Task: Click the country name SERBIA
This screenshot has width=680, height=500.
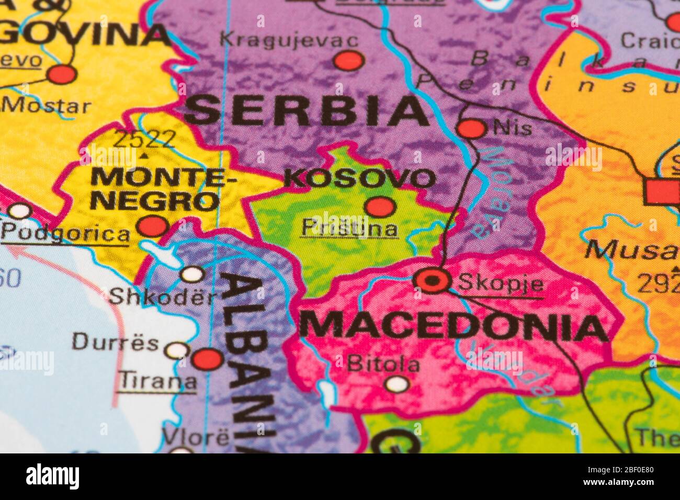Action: (x=307, y=111)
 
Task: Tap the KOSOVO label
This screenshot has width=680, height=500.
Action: (x=360, y=179)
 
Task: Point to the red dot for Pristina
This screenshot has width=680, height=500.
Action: (x=380, y=207)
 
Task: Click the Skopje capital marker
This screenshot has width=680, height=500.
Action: (x=433, y=281)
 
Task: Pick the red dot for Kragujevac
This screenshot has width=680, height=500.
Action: (x=349, y=61)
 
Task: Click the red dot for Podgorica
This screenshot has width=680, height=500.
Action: (x=153, y=226)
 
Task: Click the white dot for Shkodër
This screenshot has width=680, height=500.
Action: (x=192, y=274)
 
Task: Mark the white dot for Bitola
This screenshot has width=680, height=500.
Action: (x=397, y=384)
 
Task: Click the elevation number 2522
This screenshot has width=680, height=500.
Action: (x=144, y=139)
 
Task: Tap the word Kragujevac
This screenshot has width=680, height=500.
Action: (x=289, y=40)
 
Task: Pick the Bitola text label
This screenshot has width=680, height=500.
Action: (x=383, y=364)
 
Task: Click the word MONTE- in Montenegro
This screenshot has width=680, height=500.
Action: (x=163, y=176)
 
